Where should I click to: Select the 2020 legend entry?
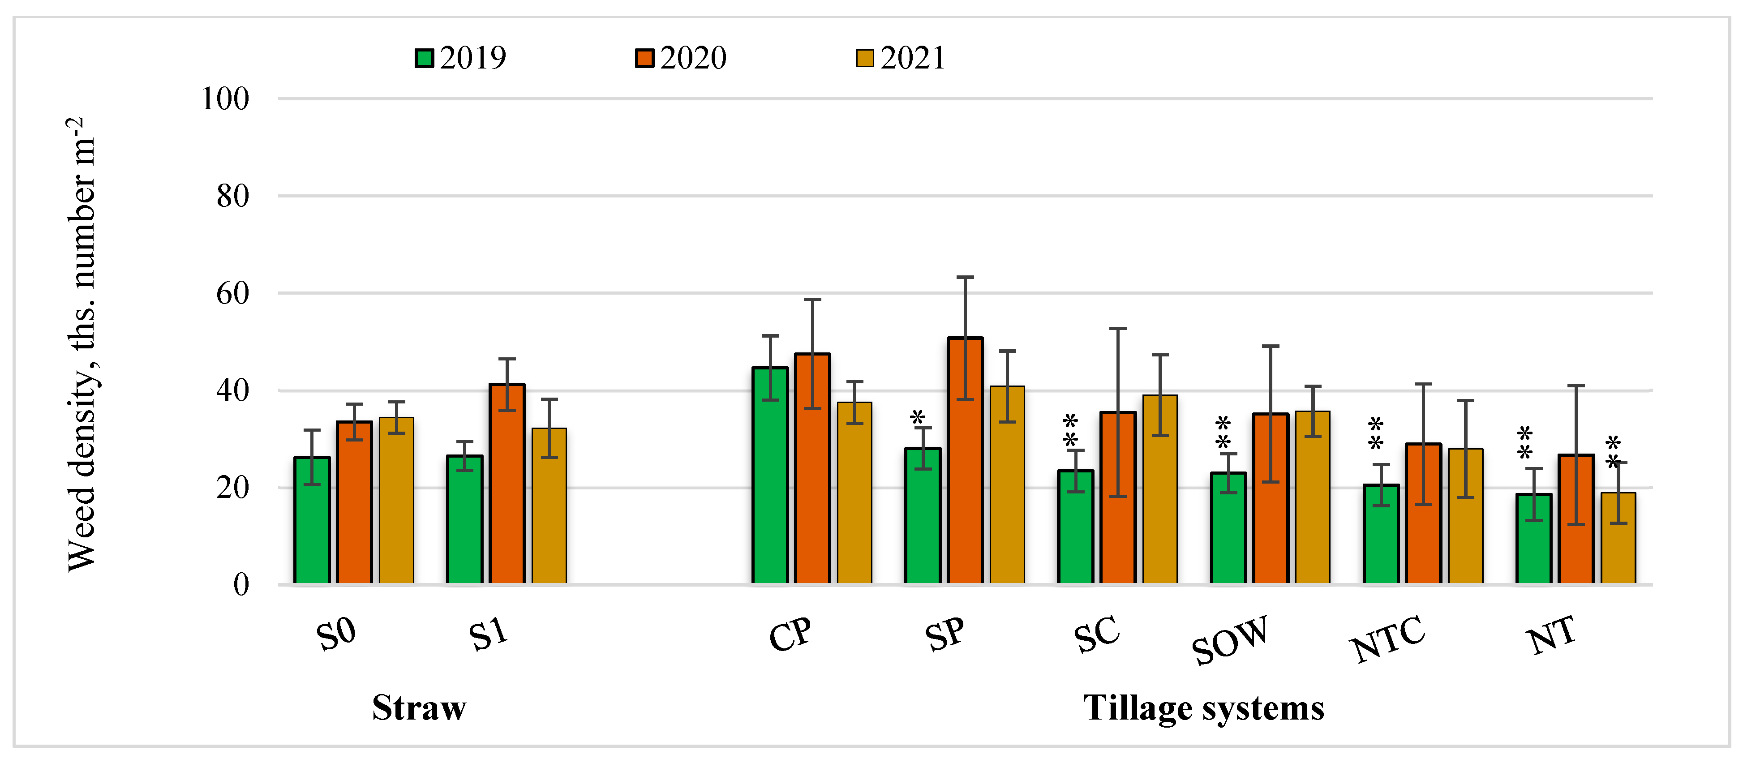[x=681, y=58]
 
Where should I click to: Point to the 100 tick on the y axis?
[x=225, y=99]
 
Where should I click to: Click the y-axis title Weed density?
[x=82, y=345]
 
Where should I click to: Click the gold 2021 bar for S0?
[x=396, y=501]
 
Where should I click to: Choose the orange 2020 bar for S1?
[x=507, y=484]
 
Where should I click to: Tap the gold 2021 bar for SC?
[x=1160, y=489]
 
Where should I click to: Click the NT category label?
[x=1551, y=636]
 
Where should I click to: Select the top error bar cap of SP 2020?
[x=965, y=277]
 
